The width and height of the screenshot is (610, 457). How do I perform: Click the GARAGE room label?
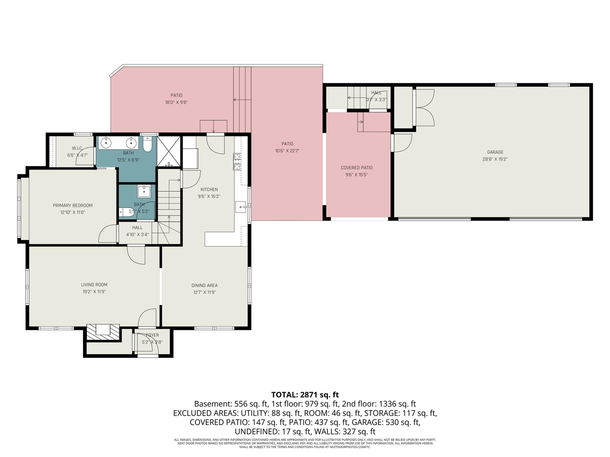coord(495,152)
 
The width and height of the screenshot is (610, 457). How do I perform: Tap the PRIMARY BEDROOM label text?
coord(72,206)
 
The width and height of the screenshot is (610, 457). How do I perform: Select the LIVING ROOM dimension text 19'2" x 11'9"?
coord(94,292)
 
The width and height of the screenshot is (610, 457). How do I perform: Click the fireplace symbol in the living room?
coord(103,332)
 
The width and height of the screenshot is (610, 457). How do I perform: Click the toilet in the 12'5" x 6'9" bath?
coord(148,144)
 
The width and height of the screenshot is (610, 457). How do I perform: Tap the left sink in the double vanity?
coord(105,142)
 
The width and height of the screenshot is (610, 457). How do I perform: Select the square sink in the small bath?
coord(144,191)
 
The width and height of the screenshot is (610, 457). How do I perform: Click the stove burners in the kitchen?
coord(237,162)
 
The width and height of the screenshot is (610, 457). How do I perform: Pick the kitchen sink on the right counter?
coord(241,207)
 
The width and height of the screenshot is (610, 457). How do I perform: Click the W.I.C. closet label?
coord(77,148)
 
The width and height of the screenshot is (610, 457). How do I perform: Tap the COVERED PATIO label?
coord(356,168)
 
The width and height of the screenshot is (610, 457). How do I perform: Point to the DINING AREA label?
coord(204,286)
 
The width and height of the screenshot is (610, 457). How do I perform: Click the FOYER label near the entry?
coord(152,335)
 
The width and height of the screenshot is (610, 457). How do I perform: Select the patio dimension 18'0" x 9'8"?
coord(176,102)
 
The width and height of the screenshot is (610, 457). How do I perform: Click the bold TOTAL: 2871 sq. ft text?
coord(305,395)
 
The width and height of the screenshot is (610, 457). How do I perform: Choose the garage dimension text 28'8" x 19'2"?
coord(495,159)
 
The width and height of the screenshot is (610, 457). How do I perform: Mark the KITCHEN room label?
coord(209,189)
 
